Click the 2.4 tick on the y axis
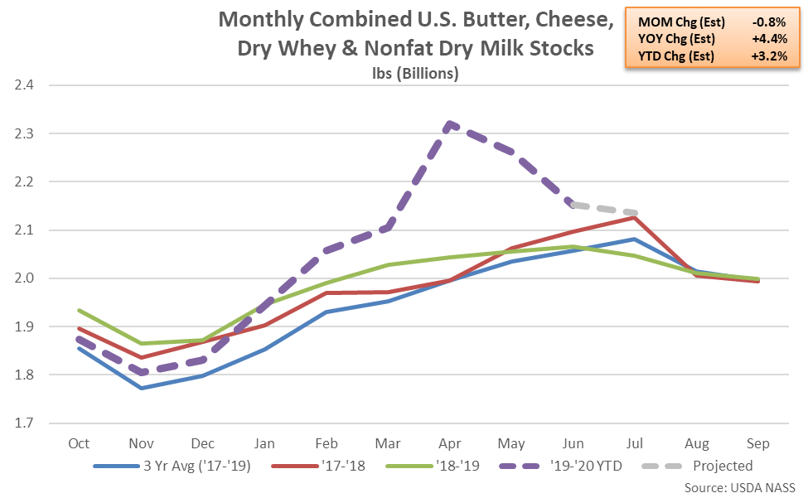point(24,85)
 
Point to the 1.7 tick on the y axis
point(24,423)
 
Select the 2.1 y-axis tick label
point(24,230)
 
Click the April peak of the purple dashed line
point(449,124)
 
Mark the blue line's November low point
point(142,388)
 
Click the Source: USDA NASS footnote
point(741,486)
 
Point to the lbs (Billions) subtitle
point(415,73)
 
